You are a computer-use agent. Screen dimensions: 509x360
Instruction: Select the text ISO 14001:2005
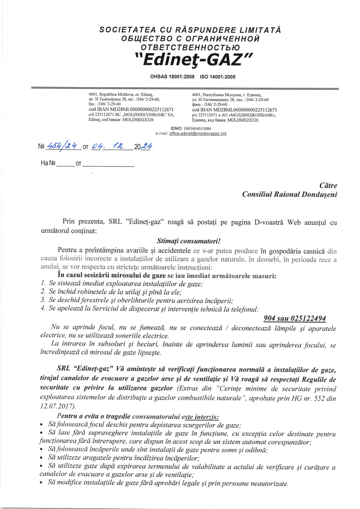pos(217,77)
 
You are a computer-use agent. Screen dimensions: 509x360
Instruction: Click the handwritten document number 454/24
pos(60,146)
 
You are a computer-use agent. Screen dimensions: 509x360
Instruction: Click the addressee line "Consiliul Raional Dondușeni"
pos(289,194)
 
